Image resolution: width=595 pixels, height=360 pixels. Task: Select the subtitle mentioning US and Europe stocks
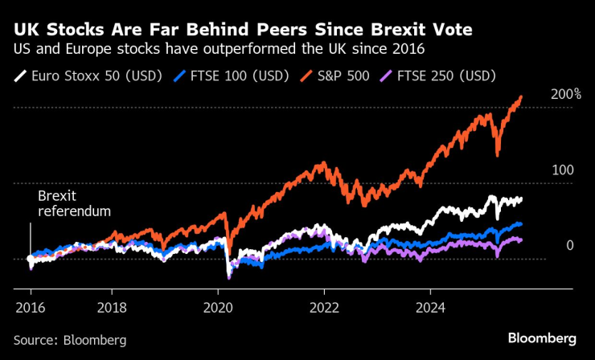[x=219, y=50]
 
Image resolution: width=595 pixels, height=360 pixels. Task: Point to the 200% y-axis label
[x=565, y=95]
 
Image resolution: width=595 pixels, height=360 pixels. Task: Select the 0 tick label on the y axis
[x=569, y=246]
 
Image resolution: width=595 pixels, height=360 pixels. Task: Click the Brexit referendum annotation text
[x=74, y=203]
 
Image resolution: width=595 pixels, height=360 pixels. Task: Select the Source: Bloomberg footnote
[x=70, y=340]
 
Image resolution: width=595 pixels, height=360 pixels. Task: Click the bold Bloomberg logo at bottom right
[x=542, y=337]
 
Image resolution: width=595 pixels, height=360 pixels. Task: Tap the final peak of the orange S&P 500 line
[x=521, y=96]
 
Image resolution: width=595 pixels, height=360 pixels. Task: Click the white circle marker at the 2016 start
[x=31, y=260]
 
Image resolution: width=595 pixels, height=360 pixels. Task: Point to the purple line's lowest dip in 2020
[x=229, y=278]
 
